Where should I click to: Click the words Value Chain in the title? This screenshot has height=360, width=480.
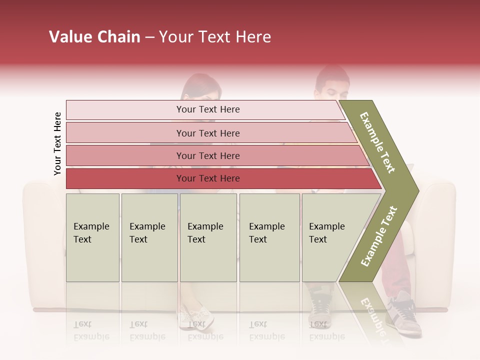tap(94, 37)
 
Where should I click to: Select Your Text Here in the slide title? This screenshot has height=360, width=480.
tap(215, 37)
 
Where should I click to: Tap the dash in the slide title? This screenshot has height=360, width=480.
tap(149, 37)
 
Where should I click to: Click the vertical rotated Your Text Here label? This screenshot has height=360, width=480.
tap(57, 144)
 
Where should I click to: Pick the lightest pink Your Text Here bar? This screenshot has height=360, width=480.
tap(207, 109)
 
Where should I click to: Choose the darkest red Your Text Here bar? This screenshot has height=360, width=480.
tap(207, 178)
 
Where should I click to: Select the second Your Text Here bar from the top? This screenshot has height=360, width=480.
tap(207, 133)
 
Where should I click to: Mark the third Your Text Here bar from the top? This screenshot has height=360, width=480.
tap(207, 155)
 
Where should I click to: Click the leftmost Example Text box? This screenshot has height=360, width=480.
tap(92, 237)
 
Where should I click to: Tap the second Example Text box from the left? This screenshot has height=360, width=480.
tap(149, 237)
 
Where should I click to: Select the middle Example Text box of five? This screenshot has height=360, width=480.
tap(208, 237)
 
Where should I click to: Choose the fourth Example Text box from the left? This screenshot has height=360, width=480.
tap(269, 237)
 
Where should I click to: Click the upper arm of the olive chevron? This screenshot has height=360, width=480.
tap(378, 143)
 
